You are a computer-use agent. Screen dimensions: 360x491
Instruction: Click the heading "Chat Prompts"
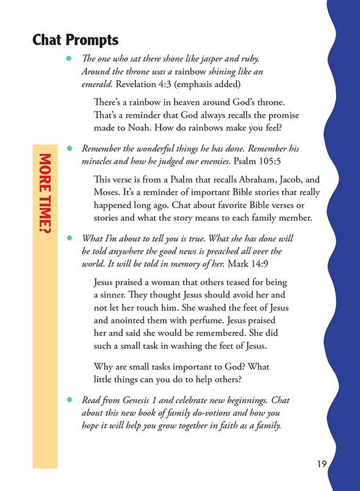point(75,41)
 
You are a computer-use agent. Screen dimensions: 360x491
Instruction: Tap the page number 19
point(322,464)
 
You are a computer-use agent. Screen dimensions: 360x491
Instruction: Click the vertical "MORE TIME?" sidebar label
point(45,194)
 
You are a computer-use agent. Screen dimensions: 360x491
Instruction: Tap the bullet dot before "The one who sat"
point(70,58)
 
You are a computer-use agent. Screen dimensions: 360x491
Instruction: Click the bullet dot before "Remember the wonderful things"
point(70,149)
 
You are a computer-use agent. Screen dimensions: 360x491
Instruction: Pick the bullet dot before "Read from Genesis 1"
point(70,400)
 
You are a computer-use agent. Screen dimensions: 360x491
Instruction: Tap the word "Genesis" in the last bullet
point(145,400)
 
